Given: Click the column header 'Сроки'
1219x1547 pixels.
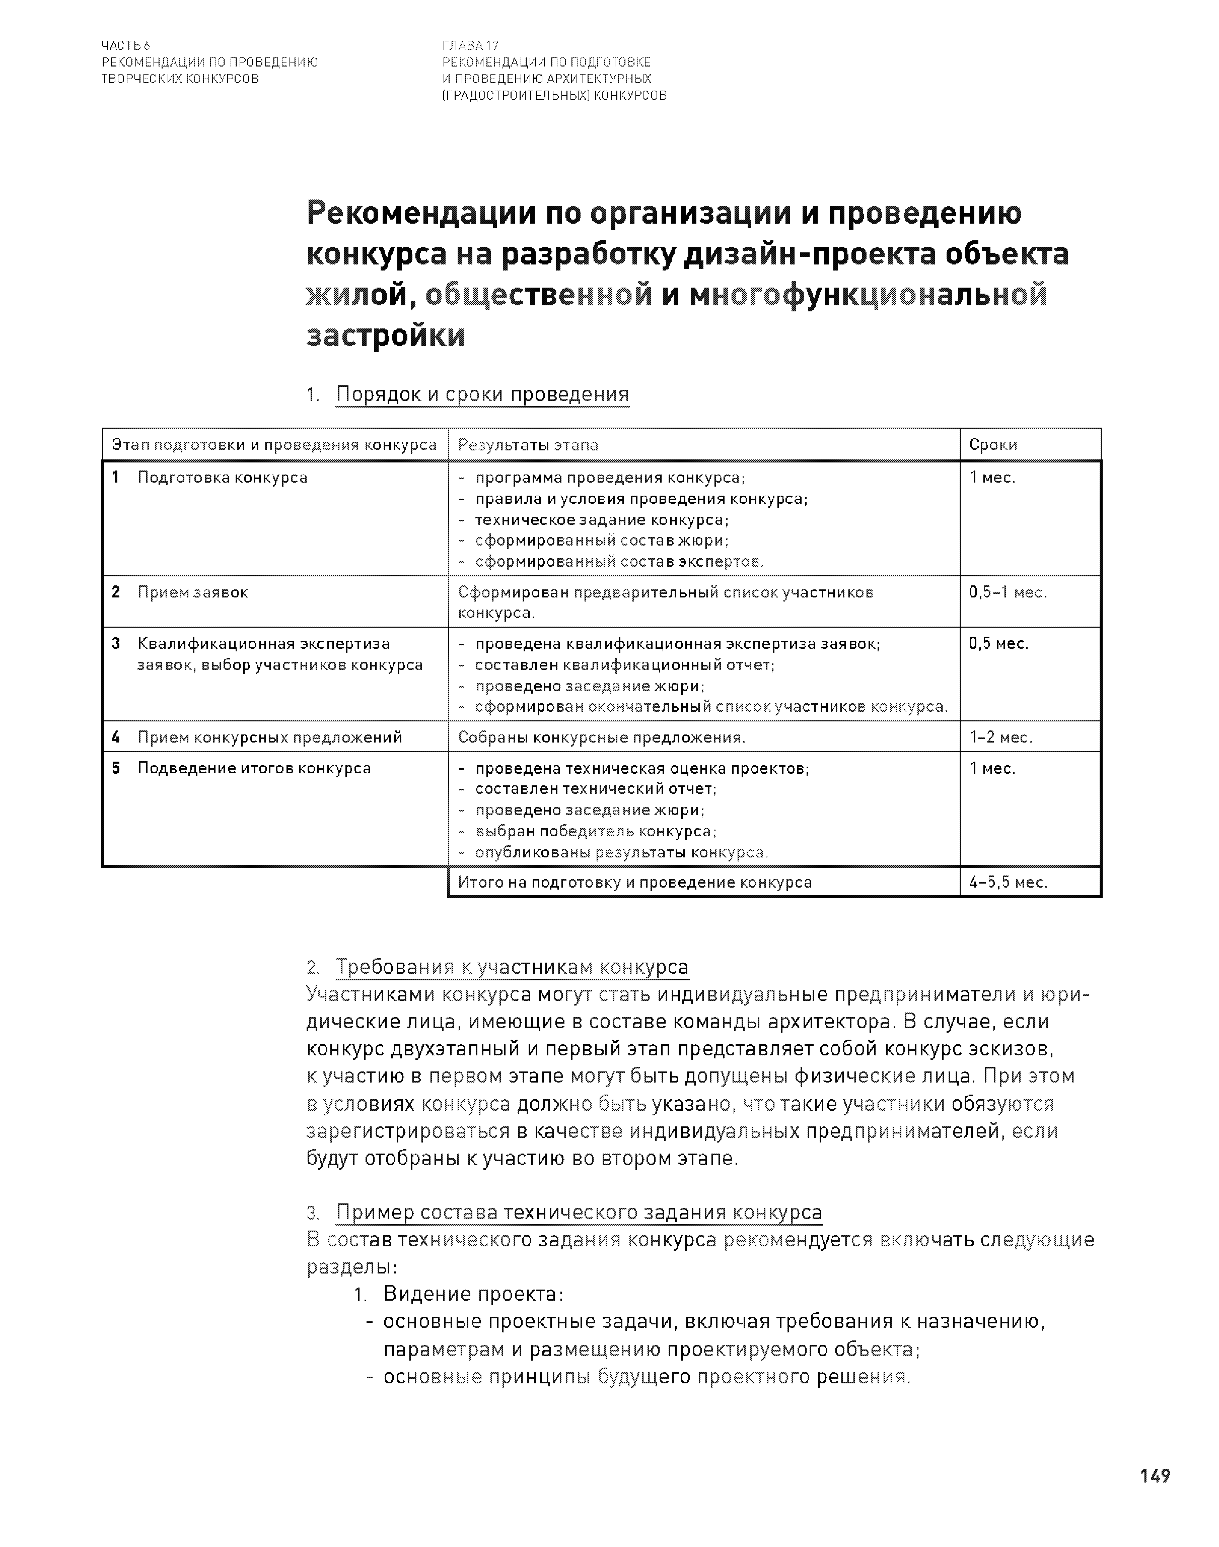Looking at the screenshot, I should tap(993, 445).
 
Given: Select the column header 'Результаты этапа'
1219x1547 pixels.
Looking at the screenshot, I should tap(528, 445).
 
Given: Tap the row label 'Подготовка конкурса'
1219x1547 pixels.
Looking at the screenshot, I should tap(222, 478).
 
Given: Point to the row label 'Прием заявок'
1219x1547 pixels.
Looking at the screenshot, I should tap(193, 592).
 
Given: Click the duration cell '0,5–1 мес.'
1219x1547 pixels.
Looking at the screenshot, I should tap(1008, 592).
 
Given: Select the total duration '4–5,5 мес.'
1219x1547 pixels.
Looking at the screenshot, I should tap(1008, 883).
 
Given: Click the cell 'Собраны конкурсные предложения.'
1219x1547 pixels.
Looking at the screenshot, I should tap(602, 737).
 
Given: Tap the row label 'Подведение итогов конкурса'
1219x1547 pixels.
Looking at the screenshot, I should tap(254, 768).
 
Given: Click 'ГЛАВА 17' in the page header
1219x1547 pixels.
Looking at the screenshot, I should tap(470, 46).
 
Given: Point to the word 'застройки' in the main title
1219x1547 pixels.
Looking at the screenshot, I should tap(385, 335).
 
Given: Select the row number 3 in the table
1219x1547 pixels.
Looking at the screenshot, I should tap(116, 643).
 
